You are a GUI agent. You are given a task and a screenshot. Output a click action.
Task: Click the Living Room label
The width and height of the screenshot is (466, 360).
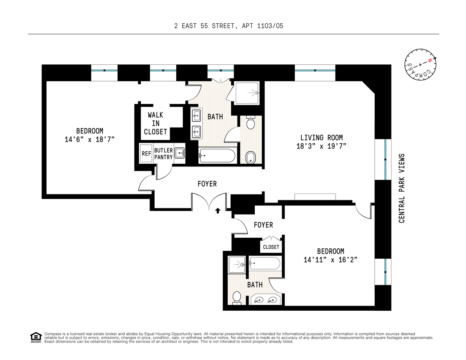tap(321, 137)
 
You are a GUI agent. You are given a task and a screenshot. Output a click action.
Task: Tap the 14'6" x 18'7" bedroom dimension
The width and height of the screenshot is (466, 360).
tap(90, 140)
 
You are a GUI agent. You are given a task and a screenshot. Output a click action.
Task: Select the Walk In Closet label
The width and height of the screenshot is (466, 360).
tap(155, 123)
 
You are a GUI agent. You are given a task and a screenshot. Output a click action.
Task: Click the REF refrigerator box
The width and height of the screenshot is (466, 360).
tap(146, 153)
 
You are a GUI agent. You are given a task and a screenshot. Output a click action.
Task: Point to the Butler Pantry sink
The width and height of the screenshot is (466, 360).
tap(179, 153)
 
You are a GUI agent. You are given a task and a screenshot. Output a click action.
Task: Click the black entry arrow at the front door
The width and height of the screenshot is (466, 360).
tap(218, 211)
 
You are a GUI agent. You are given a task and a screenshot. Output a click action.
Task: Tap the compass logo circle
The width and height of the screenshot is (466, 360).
tap(420, 65)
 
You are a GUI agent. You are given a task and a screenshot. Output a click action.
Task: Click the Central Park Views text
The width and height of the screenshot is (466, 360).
tap(402, 188)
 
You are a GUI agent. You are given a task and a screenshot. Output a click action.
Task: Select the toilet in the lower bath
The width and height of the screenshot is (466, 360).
tap(237, 298)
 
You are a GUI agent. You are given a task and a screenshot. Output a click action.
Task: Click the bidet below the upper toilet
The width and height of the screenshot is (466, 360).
tap(250, 157)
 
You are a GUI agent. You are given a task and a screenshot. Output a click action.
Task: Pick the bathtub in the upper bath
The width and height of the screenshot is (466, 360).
tap(217, 156)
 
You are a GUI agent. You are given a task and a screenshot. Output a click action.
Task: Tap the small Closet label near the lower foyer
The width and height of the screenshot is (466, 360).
tap(271, 247)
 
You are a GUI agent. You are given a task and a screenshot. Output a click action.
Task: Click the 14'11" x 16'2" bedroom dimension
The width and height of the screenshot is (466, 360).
tap(330, 260)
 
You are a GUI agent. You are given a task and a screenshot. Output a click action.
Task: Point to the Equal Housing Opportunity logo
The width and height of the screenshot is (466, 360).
tap(36, 337)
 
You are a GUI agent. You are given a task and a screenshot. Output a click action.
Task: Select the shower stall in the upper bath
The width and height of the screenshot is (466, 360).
tap(247, 93)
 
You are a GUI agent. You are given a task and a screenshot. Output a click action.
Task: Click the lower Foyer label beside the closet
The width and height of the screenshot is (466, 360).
tap(263, 225)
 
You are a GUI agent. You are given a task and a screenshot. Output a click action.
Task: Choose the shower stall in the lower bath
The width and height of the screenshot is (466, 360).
tap(237, 265)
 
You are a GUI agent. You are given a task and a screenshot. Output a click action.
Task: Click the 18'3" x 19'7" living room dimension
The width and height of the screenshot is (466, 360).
tap(321, 146)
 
